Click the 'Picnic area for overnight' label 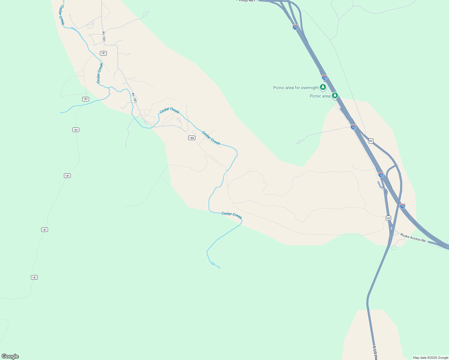click(x=296, y=88)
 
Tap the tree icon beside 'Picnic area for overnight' click(x=323, y=87)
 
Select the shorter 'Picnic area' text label click(x=320, y=96)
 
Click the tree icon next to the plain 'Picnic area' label click(x=335, y=96)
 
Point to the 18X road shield click(x=192, y=138)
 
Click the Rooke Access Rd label click(x=413, y=238)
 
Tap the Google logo click(x=10, y=356)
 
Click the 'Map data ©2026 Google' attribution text click(x=430, y=358)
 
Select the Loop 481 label click(x=247, y=1)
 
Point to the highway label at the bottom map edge click(x=375, y=353)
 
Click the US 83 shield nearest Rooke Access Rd click(x=389, y=218)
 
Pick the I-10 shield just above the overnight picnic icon click(x=324, y=77)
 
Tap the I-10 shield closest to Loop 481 click(x=295, y=27)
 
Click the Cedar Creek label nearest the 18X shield click(x=211, y=138)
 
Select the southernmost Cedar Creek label click(x=232, y=215)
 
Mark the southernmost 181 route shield click(x=34, y=277)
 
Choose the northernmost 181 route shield click(x=103, y=53)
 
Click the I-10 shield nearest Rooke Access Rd click(x=402, y=206)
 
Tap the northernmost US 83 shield click(x=371, y=141)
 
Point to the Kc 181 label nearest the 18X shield click(x=134, y=98)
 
